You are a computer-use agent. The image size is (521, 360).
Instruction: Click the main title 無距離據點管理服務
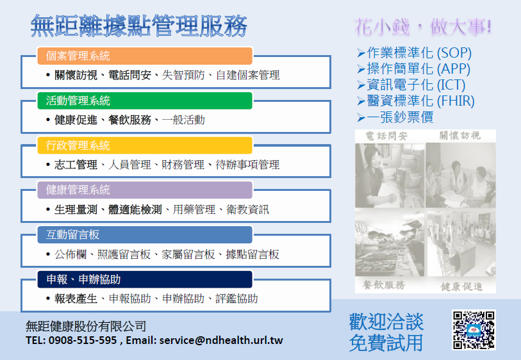click(139, 26)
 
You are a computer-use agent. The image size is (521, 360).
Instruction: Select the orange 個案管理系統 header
click(145, 56)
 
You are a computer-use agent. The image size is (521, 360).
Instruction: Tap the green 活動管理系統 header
click(145, 101)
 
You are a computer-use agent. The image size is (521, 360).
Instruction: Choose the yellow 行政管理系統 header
click(145, 145)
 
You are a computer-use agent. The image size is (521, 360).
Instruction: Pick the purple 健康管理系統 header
click(145, 190)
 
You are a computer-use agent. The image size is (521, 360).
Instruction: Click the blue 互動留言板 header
click(145, 235)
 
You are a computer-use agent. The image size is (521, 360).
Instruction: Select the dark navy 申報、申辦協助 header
click(145, 280)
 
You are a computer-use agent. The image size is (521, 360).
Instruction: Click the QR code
click(474, 330)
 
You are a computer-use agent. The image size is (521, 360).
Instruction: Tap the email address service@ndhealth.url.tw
click(221, 340)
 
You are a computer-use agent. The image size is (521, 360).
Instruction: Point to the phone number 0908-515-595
click(83, 340)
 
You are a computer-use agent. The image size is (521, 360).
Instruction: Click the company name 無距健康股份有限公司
click(86, 326)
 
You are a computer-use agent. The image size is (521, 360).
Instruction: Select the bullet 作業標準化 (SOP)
click(415, 53)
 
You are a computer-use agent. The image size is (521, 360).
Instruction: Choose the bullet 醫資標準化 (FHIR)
click(416, 101)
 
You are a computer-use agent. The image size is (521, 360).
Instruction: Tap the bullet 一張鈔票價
click(395, 117)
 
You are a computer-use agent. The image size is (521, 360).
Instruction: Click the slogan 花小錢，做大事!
click(423, 26)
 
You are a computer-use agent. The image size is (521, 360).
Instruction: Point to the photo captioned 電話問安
click(390, 176)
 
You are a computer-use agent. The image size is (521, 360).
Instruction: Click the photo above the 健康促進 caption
click(461, 244)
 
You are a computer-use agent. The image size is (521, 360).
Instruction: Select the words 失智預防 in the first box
click(183, 75)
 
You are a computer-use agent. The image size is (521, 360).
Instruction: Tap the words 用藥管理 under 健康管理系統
click(194, 209)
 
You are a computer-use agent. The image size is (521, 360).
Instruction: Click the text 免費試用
click(386, 343)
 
